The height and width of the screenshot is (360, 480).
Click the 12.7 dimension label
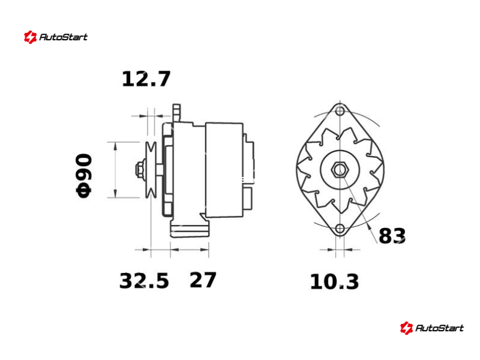[146, 79]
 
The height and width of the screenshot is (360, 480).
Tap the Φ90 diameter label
[83, 175]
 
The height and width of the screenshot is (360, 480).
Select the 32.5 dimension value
[144, 281]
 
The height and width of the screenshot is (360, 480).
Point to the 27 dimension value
[203, 280]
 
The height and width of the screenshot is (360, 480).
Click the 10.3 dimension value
[334, 282]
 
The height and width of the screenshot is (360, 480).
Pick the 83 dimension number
[392, 236]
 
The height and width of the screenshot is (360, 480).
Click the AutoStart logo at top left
[56, 37]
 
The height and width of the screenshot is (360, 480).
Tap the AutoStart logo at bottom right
[432, 328]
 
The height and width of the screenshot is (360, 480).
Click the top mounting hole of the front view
[340, 111]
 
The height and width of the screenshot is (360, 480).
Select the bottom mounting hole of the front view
[340, 229]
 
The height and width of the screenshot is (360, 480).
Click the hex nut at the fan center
[340, 170]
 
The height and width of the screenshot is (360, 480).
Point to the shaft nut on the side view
[140, 170]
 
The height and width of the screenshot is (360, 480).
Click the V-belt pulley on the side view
[151, 170]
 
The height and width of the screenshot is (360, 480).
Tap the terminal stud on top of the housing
[176, 112]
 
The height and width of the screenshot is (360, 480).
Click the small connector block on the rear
[248, 195]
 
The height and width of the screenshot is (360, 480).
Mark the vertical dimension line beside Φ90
[115, 170]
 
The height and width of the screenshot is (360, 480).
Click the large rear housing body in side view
[224, 170]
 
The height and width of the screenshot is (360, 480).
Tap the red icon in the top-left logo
[30, 37]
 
